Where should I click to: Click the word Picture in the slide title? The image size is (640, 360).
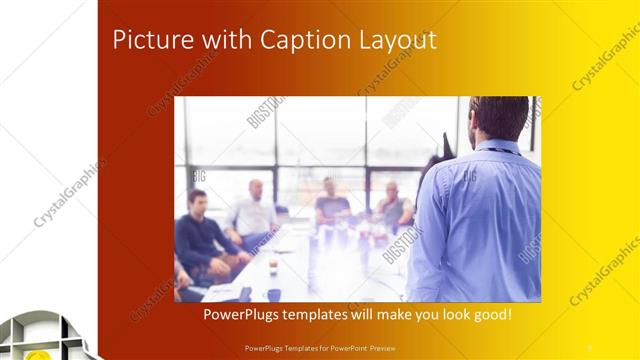149,40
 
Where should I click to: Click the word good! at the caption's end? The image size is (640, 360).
491,314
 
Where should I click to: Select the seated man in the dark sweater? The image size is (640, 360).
199,235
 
